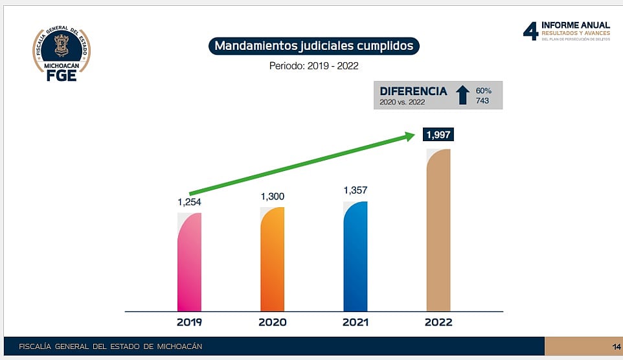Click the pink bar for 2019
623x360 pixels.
pyautogui.click(x=189, y=262)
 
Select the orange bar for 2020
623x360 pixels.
pyautogui.click(x=272, y=259)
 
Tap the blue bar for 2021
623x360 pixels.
pyautogui.click(x=356, y=256)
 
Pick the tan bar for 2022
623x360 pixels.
pyautogui.click(x=438, y=230)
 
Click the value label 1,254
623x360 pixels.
pyautogui.click(x=190, y=202)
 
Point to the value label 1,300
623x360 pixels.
pyautogui.click(x=272, y=196)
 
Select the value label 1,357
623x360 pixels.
pyautogui.click(x=356, y=190)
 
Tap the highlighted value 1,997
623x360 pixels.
pyautogui.click(x=438, y=135)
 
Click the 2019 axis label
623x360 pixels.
pyautogui.click(x=189, y=322)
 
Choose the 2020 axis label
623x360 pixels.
pyautogui.click(x=272, y=322)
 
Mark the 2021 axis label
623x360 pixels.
pyautogui.click(x=356, y=322)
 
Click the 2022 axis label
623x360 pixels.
pyautogui.click(x=438, y=322)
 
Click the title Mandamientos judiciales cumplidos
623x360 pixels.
pyautogui.click(x=314, y=46)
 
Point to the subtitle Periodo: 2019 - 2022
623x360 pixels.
pyautogui.click(x=314, y=65)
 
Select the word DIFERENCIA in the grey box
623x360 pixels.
pyautogui.click(x=413, y=91)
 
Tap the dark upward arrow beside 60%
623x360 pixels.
pyautogui.click(x=462, y=95)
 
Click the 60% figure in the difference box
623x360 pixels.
pyautogui.click(x=483, y=90)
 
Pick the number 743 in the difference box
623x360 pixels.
pyautogui.click(x=482, y=101)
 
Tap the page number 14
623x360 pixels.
pyautogui.click(x=616, y=346)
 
